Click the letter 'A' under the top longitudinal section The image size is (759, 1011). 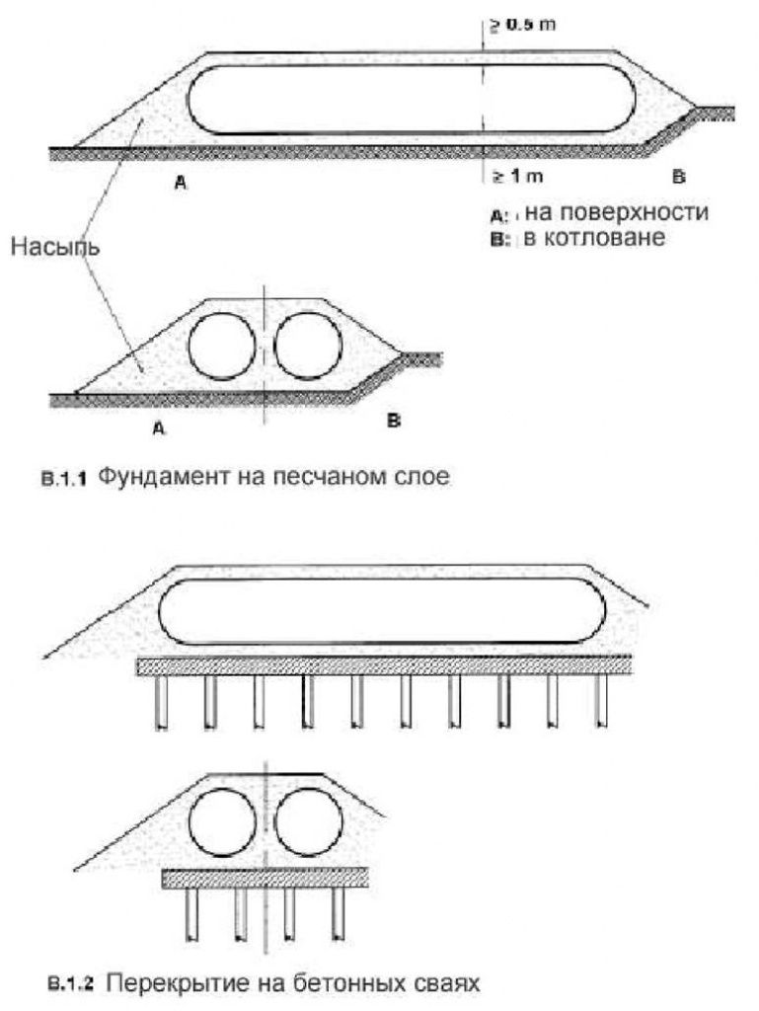pos(181,182)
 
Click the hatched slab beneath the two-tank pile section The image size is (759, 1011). pos(266,879)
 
